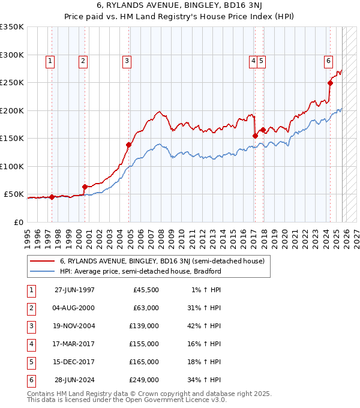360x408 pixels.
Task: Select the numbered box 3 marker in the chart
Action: (x=127, y=60)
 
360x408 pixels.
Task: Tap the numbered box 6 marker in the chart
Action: (x=328, y=60)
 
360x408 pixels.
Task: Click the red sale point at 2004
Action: (x=129, y=145)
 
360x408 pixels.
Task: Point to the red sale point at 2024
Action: (x=330, y=83)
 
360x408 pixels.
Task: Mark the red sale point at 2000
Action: (x=85, y=187)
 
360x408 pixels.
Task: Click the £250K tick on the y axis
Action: (x=12, y=83)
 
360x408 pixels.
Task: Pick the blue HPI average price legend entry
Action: (x=140, y=271)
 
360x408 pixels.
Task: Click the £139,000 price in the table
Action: (x=146, y=327)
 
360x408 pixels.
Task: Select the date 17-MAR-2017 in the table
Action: (x=74, y=344)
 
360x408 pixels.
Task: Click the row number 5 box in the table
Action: (x=30, y=362)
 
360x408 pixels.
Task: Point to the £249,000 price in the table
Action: (x=146, y=380)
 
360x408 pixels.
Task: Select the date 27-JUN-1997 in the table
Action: (x=74, y=290)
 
